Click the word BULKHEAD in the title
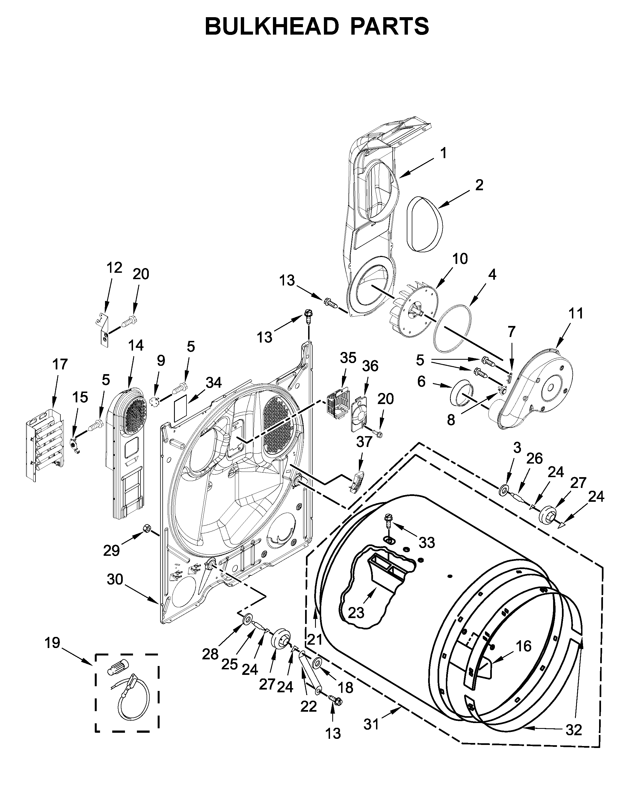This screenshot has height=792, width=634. coord(272,27)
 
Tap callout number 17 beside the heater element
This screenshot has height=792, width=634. coord(60,364)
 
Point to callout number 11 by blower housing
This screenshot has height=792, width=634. coord(576,314)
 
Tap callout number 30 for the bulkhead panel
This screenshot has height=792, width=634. coord(115,580)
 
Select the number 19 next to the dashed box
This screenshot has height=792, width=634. coord(52,643)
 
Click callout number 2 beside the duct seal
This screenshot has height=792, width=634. coord(479,185)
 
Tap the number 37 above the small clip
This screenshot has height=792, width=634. coord(364,442)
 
